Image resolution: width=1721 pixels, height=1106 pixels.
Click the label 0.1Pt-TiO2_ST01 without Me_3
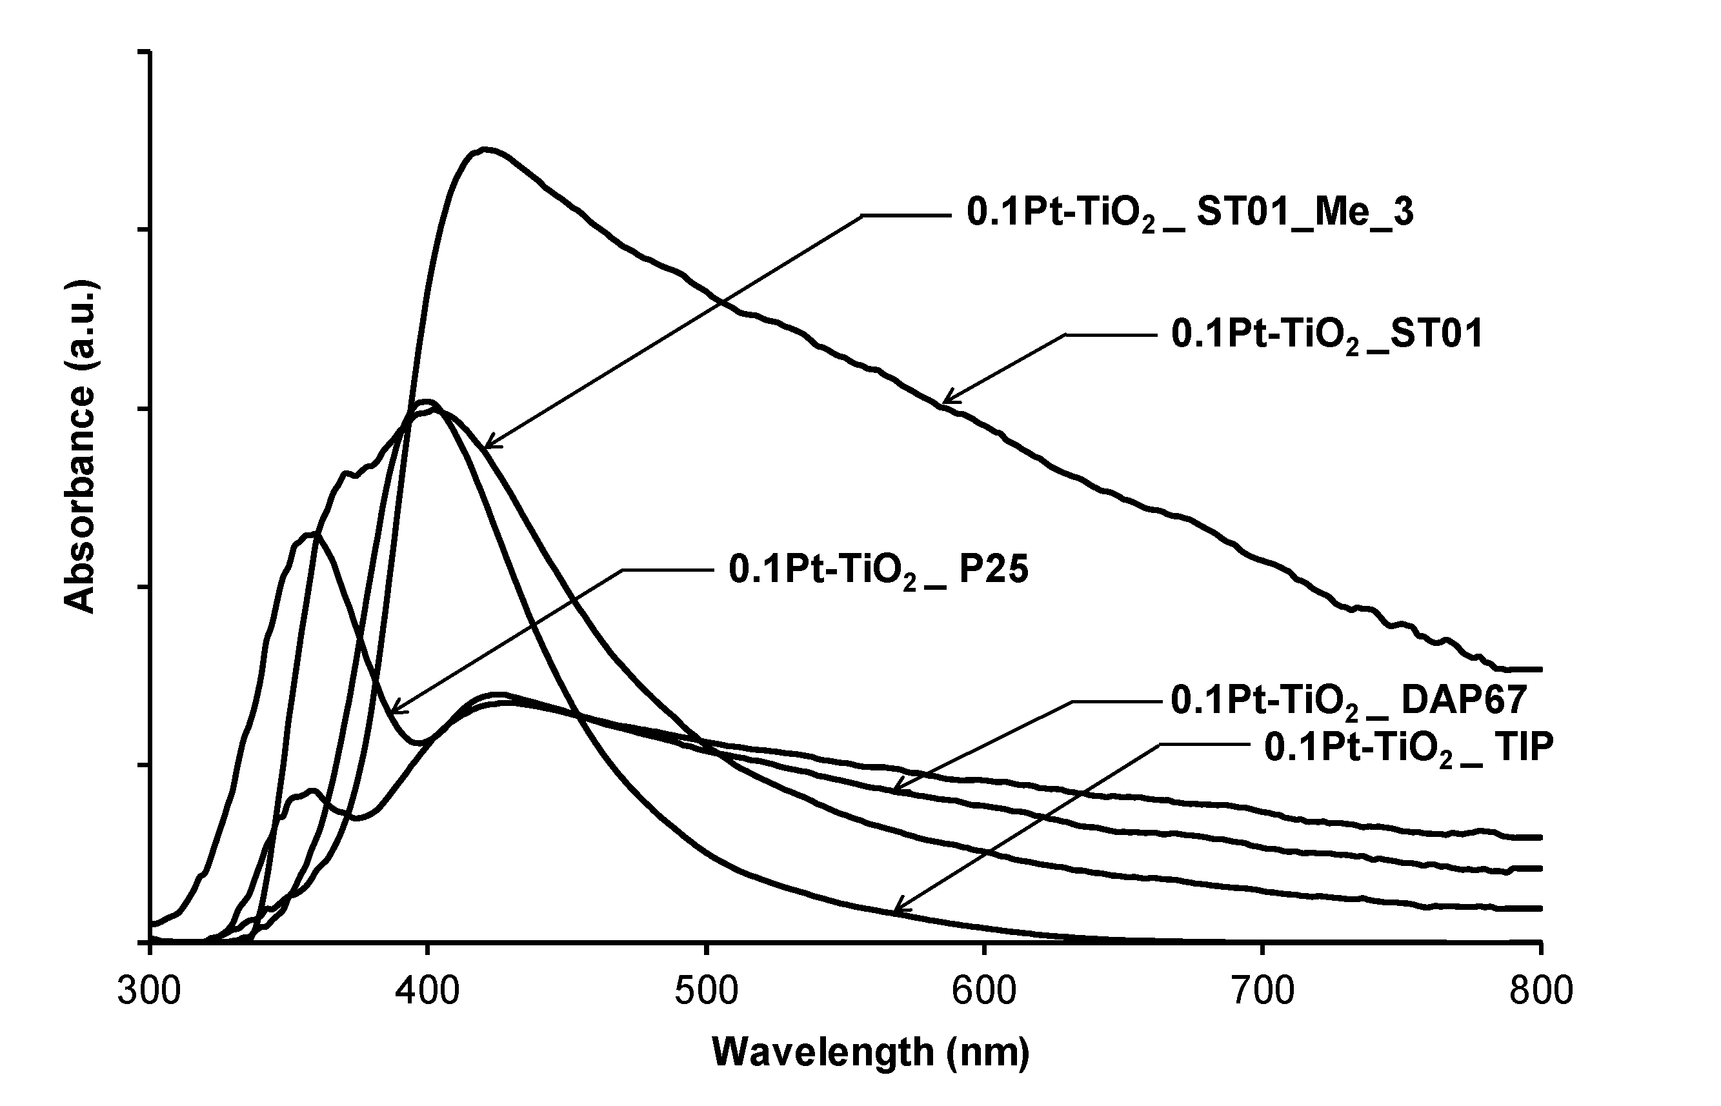pyautogui.click(x=1327, y=335)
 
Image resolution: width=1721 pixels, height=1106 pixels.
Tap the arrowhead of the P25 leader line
pyautogui.click(x=394, y=712)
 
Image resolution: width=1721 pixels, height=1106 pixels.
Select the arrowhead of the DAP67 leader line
pyautogui.click(x=894, y=790)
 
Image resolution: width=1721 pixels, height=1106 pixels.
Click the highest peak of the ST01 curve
pyautogui.click(x=486, y=150)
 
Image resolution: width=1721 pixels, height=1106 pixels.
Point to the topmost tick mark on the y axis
pyautogui.click(x=144, y=52)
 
